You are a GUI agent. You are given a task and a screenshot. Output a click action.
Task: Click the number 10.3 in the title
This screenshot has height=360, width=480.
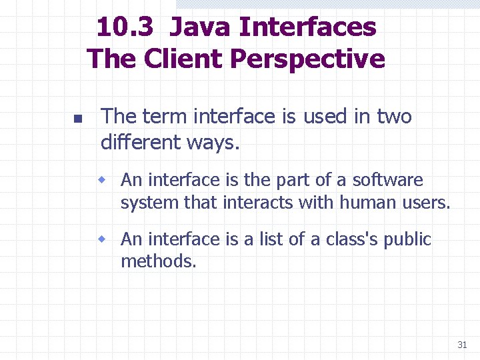126,28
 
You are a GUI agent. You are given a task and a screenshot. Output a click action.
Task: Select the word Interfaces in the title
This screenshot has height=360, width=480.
307,28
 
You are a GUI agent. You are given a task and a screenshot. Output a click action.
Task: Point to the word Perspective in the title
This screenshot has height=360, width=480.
307,59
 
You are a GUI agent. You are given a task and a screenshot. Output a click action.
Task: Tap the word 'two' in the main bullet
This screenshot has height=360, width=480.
394,117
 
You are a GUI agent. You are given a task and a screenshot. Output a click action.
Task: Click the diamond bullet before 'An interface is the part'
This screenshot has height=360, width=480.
102,179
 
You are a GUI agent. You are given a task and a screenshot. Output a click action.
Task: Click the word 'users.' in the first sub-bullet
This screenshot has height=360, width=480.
428,202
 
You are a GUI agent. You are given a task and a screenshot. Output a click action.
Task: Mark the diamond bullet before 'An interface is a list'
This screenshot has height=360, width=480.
102,239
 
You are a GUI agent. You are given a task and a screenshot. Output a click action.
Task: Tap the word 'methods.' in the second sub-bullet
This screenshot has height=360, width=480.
159,261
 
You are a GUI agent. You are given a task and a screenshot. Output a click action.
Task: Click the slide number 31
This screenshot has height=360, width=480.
462,345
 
